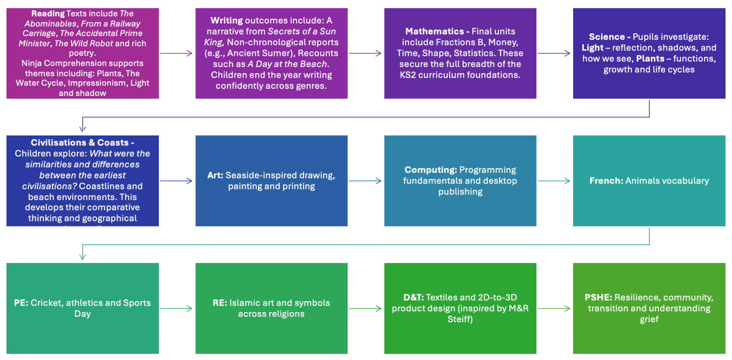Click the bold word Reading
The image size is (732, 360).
coord(48,14)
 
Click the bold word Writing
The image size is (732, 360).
coord(227,21)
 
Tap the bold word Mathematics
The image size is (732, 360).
coord(434,31)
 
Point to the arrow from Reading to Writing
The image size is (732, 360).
coord(176,53)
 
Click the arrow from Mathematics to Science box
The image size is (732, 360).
coord(554,53)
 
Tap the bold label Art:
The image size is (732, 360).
coord(215,175)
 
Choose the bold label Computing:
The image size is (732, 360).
coord(431,170)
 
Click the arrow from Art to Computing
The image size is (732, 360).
coord(365,181)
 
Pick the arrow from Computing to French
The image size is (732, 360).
coord(554,181)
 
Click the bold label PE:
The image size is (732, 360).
coord(21,303)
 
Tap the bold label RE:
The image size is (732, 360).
coord(220,303)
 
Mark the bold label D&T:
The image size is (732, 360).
coord(414,298)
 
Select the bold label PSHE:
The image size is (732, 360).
coord(598,298)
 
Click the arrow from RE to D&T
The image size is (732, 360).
coord(365,309)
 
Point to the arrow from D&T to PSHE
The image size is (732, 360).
coord(554,309)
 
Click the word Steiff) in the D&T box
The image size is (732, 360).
coord(460,319)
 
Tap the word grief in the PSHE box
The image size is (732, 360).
coord(649,319)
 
